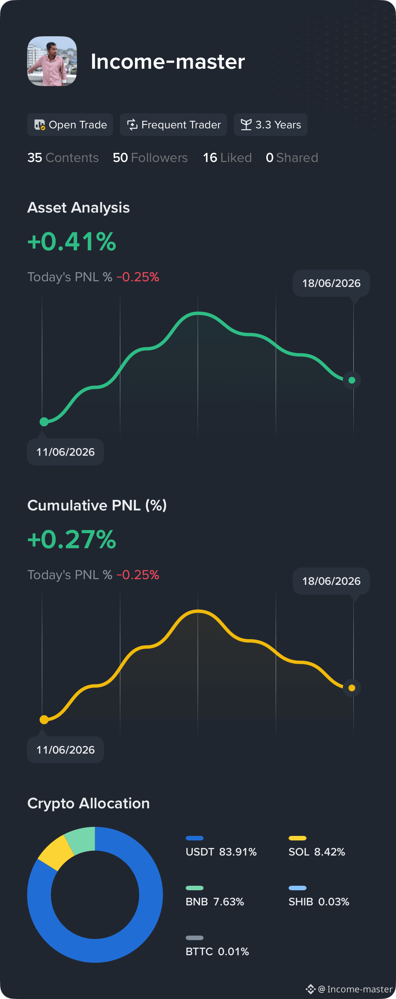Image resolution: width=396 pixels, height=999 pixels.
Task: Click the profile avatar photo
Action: click(52, 61)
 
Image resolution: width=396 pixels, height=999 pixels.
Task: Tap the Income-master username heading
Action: click(168, 62)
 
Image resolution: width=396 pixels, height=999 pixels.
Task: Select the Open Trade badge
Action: click(70, 125)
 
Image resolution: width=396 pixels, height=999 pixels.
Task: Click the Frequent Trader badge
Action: click(173, 125)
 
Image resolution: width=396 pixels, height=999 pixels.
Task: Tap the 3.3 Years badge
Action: click(270, 125)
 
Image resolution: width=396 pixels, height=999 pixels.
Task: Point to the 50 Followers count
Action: click(150, 157)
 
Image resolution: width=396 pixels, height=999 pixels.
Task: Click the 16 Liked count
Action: click(227, 157)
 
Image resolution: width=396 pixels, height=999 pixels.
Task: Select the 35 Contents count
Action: click(63, 157)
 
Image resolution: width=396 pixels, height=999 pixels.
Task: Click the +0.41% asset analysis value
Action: click(72, 241)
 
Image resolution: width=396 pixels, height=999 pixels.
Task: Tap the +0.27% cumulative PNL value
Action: click(72, 539)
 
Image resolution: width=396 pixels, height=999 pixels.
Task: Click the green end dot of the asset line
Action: click(352, 380)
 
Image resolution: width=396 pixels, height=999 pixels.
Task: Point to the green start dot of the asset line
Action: click(44, 422)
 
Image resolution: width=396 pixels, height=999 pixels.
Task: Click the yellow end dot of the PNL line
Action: click(352, 688)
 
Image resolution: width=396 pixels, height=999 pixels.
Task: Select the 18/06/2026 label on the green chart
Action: click(331, 283)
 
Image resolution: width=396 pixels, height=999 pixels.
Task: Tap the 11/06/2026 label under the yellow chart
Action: click(66, 750)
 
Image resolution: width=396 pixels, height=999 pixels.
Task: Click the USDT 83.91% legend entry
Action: click(221, 846)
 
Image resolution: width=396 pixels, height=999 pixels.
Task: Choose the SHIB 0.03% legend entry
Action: click(319, 896)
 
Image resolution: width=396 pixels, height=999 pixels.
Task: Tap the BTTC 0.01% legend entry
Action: click(217, 946)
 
